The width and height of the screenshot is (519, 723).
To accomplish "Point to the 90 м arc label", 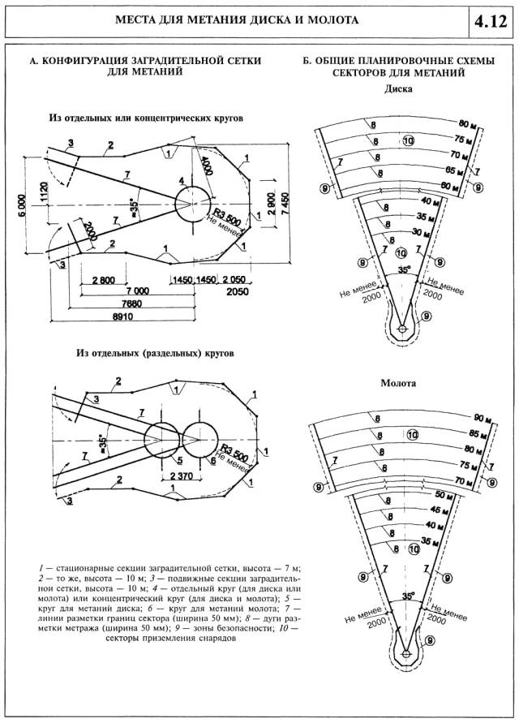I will click(484, 418).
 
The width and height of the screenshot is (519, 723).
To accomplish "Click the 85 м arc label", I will click(479, 433).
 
